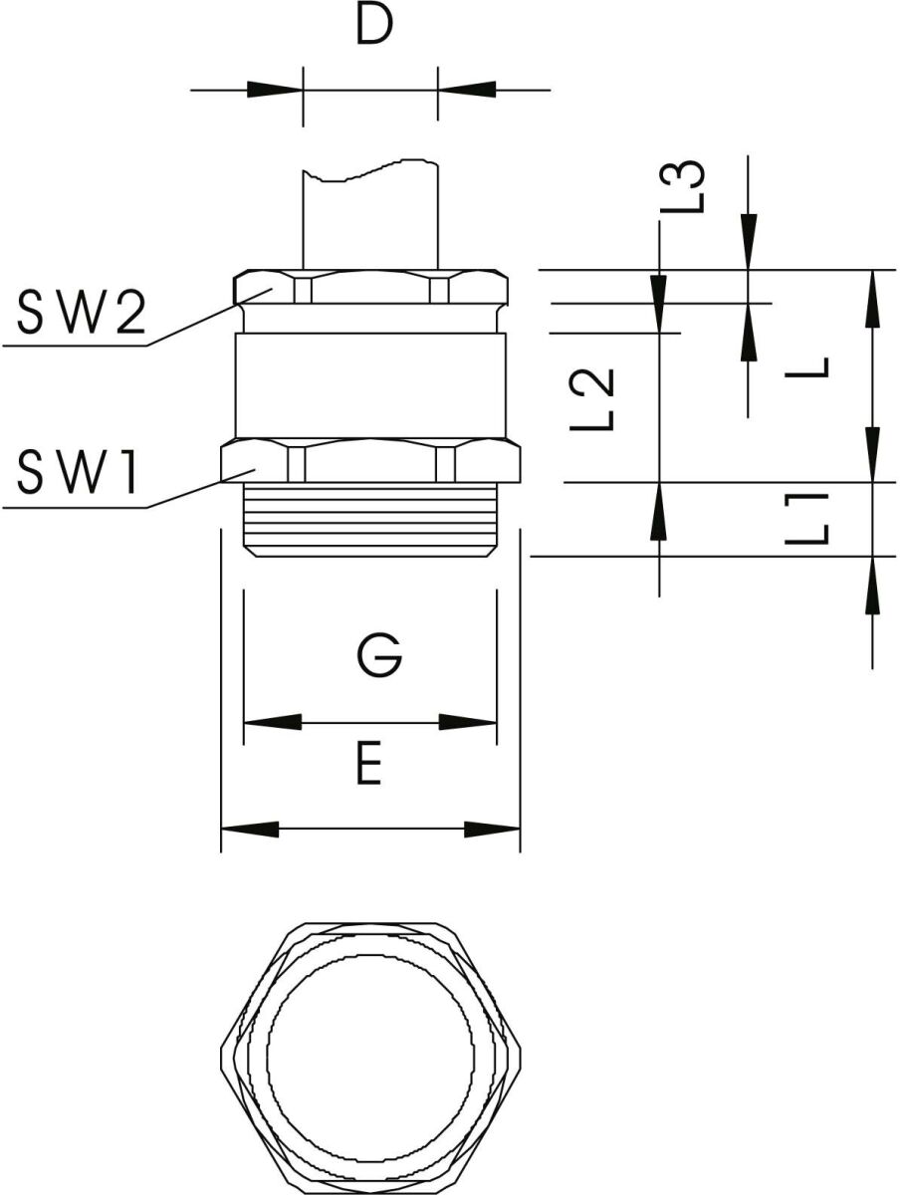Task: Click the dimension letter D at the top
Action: (x=374, y=25)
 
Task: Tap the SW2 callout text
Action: (x=82, y=313)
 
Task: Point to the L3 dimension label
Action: (x=682, y=187)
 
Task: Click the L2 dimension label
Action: (x=592, y=400)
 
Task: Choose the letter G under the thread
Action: (x=380, y=654)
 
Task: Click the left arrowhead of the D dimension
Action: (x=275, y=90)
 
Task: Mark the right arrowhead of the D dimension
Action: (x=467, y=90)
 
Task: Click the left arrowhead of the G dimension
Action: (x=273, y=722)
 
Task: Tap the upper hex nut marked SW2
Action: (x=370, y=287)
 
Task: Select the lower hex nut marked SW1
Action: (x=370, y=460)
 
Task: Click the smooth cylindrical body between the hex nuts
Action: (x=370, y=386)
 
